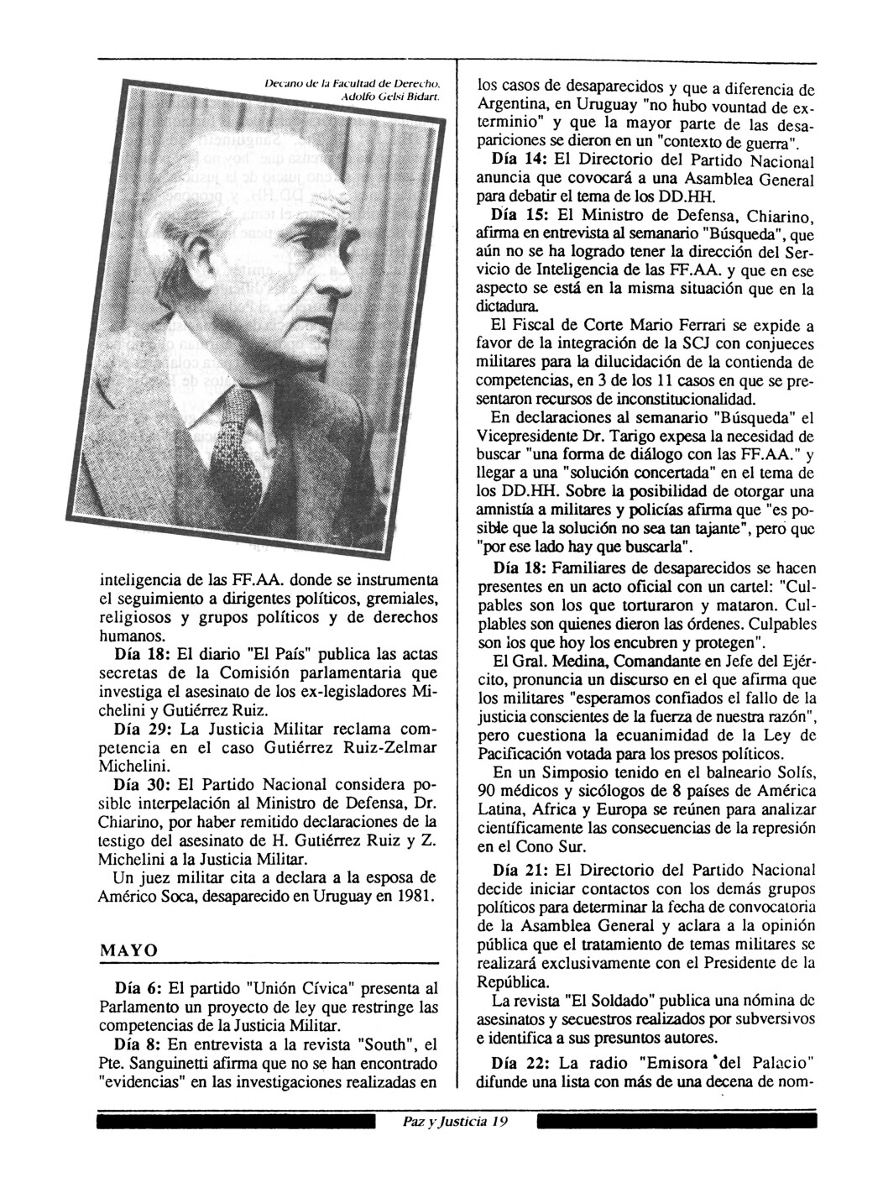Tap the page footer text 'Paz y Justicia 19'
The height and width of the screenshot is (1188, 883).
click(454, 1122)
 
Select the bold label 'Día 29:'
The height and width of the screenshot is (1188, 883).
click(142, 726)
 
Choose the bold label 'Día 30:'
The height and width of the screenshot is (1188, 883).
click(142, 786)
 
